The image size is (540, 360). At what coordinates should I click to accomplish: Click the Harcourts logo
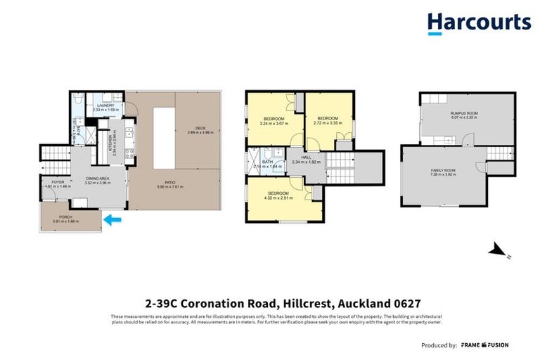479,23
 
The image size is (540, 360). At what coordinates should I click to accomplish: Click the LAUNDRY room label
106,105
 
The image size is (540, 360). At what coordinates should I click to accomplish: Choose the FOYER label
58,182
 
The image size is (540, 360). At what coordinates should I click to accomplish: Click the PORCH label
65,216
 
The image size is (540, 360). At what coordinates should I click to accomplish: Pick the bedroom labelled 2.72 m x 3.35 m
328,117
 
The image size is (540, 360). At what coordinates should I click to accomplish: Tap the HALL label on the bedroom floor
306,157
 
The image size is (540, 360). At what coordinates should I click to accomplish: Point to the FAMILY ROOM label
444,170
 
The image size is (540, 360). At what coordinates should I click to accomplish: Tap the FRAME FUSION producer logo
485,345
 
